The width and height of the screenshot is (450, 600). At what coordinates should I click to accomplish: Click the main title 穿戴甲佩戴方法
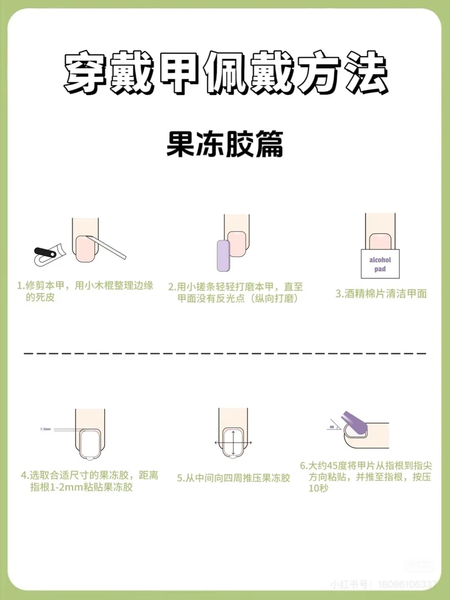click(225, 74)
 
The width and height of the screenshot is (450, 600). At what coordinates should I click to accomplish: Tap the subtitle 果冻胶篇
click(225, 145)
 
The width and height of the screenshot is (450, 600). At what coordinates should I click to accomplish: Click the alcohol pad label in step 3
click(380, 264)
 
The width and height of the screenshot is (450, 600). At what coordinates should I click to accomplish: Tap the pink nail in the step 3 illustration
click(380, 241)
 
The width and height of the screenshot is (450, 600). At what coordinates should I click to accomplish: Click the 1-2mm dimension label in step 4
click(45, 429)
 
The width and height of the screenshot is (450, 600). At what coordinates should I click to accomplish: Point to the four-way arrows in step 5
click(233, 442)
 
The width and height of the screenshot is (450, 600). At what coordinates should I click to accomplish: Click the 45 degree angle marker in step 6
click(332, 427)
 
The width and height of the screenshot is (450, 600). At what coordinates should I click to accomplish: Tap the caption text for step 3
click(381, 294)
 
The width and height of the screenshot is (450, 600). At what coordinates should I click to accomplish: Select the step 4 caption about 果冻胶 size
click(89, 481)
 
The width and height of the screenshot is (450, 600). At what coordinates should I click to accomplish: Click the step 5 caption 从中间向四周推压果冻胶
click(234, 477)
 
